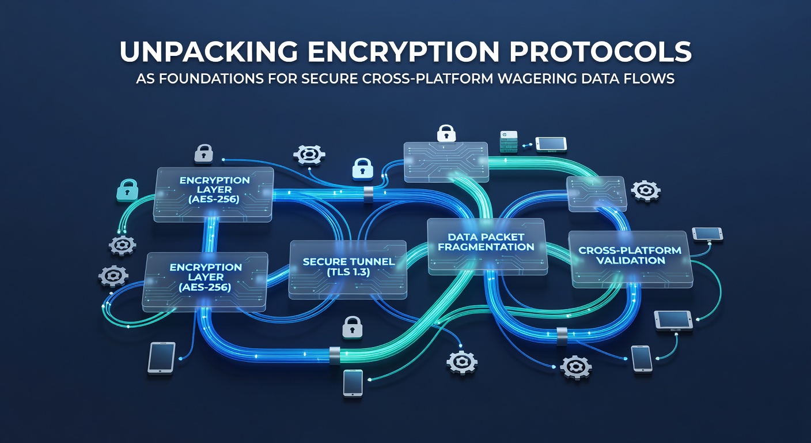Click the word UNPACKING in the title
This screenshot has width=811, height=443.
[x=209, y=52]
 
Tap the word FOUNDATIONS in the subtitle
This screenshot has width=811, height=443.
[x=211, y=78]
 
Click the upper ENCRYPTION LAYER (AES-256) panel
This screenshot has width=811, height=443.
[x=214, y=194]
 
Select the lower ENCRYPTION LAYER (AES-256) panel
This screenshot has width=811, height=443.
[x=205, y=282]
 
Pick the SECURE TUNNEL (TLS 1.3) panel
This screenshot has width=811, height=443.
[x=348, y=270]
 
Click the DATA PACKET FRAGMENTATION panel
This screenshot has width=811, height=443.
[x=487, y=246]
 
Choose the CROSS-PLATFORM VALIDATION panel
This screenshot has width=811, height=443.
[x=631, y=259]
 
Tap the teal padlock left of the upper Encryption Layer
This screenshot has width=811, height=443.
[x=127, y=190]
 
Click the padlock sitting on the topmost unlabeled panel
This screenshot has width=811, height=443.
[x=446, y=133]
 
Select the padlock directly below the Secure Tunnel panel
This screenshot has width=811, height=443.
[x=353, y=328]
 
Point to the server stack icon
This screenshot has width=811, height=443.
[x=509, y=142]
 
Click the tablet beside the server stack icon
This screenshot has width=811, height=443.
[x=551, y=144]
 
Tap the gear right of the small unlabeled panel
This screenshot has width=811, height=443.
[x=646, y=191]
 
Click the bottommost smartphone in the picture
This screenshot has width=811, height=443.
[x=353, y=384]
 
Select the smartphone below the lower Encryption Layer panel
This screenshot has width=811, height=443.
[x=161, y=358]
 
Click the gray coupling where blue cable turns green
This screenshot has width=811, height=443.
[x=335, y=355]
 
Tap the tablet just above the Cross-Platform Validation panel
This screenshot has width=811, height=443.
[x=707, y=234]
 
